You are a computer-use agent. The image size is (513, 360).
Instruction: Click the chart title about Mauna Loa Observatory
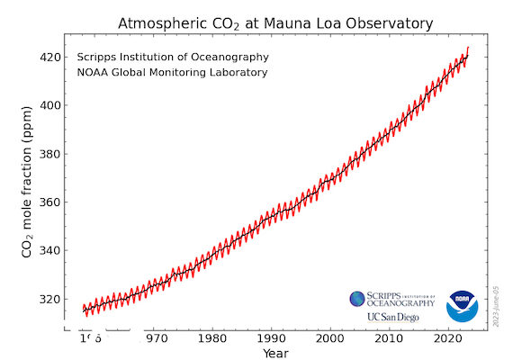[x=275, y=22]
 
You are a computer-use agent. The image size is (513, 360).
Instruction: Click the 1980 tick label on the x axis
[x=211, y=338]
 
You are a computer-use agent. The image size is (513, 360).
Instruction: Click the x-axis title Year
[x=276, y=353]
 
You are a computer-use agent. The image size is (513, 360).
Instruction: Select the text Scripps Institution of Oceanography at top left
[x=173, y=58]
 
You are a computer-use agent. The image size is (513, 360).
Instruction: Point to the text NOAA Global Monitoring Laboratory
[x=173, y=72]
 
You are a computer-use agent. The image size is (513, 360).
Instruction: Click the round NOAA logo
[x=463, y=305]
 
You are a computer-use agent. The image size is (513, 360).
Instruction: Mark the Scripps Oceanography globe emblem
[x=357, y=299]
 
